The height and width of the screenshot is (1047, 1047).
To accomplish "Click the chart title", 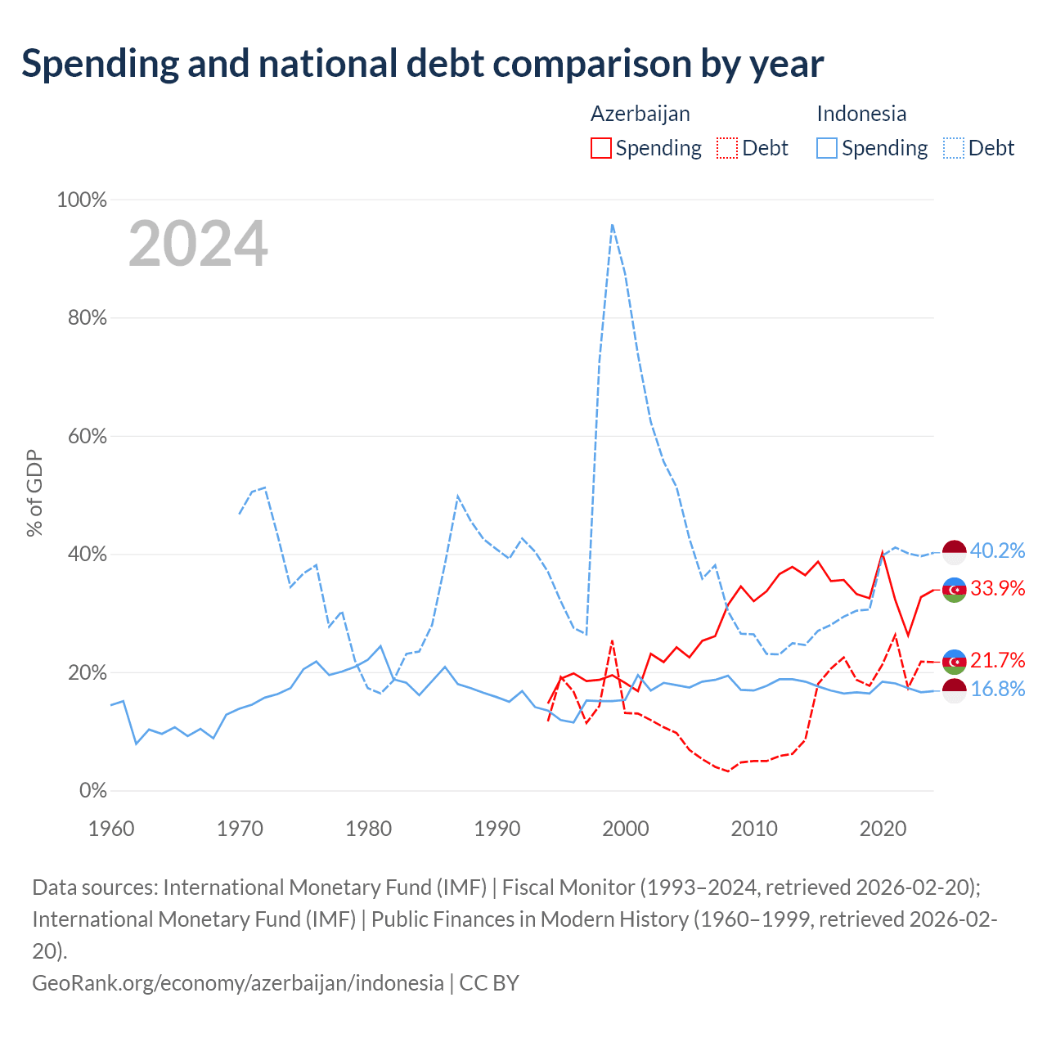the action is pos(422,65).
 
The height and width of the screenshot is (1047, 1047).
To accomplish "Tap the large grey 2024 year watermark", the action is pos(198,243).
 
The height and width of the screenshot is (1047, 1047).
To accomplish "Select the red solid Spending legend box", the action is pos(600,148).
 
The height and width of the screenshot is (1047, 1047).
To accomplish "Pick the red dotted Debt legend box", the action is pos(726,148).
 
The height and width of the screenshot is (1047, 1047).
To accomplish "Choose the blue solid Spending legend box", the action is pos(826,148).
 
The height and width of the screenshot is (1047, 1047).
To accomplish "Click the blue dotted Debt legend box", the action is pos(952,148).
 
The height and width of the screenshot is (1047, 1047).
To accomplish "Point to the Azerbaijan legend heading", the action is pos(640,114).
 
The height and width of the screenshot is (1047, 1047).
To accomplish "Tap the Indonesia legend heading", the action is pos(861,114).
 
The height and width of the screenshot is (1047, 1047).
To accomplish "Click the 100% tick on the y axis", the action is pos(82,200).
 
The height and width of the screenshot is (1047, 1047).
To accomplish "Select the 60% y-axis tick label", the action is pos(87,436).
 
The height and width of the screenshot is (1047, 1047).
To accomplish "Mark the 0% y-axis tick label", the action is pos(92,790).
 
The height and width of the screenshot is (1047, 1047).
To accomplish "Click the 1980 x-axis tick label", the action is pos(368,829).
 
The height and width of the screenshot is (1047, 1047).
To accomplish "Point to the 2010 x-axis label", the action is pos(753,829).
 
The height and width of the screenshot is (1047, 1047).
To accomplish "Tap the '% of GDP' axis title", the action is pos(34,492).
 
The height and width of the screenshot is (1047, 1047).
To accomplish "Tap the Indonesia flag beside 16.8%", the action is pos(954,690).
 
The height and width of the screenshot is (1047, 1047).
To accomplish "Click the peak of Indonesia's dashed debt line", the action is pos(612,224).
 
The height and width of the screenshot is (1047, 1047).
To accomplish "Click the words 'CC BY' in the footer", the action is pos(488,983).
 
